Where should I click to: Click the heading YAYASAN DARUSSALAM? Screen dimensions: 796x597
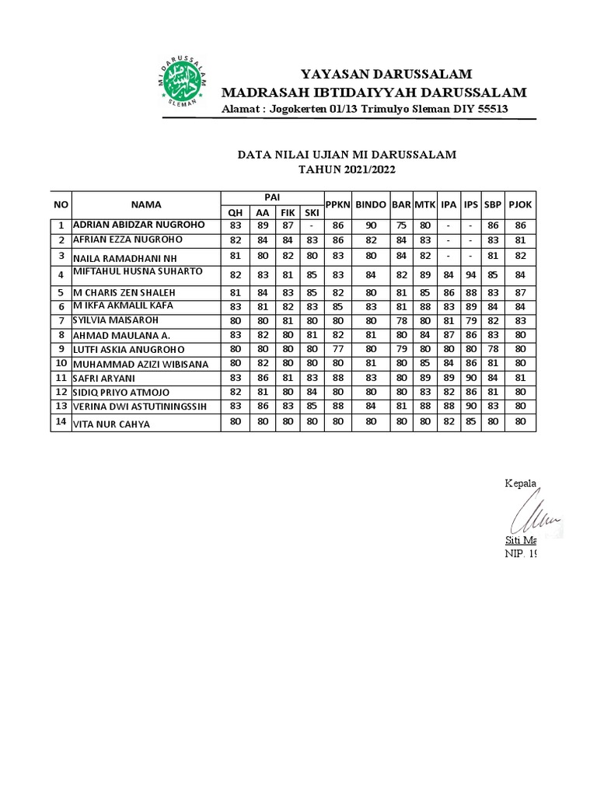coord(386,75)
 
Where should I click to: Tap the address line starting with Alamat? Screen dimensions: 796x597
coord(365,109)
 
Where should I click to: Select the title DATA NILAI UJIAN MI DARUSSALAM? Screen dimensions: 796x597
coord(347,155)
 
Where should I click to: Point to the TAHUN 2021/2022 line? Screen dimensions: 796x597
coord(347,169)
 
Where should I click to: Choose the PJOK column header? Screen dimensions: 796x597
coord(520,204)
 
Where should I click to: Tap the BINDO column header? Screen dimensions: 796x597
coord(371,204)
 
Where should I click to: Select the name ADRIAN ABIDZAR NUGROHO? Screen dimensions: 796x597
coord(139,225)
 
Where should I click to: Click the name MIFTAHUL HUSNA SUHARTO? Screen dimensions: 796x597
coord(138,271)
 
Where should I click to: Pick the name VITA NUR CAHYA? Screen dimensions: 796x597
coord(111,424)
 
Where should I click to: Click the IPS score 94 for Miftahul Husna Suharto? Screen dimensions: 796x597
coord(471,274)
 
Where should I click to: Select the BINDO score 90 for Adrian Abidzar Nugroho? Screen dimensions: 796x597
coord(371,225)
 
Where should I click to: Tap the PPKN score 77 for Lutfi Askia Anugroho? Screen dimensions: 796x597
coord(338,348)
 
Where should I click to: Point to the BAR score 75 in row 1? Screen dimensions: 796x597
coord(401,225)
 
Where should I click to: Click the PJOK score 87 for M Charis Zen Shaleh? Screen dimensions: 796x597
coord(520,293)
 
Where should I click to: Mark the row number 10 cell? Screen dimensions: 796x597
coord(61,363)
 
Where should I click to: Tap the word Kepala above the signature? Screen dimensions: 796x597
coord(521,484)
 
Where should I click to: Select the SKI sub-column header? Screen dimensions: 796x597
coord(312,212)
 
